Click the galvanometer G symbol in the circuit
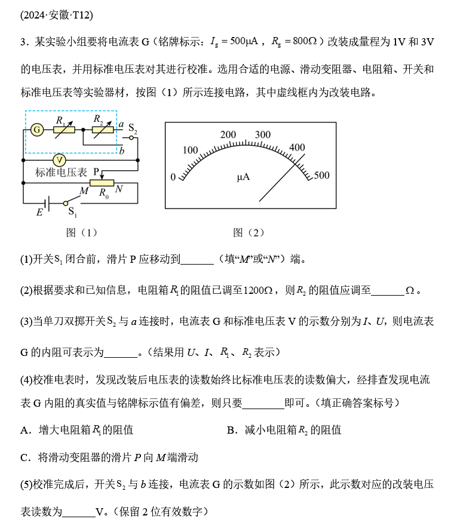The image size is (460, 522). click(37, 130)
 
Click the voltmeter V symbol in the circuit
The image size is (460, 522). click(59, 160)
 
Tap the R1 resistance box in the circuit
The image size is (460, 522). click(64, 130)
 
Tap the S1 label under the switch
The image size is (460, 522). click(72, 212)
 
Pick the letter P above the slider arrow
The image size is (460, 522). click(96, 171)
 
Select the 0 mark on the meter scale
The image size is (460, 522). click(173, 177)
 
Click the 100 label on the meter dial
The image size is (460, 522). click(190, 150)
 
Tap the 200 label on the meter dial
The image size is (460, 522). click(228, 135)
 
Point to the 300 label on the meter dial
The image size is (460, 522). click(263, 135)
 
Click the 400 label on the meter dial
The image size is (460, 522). click(297, 148)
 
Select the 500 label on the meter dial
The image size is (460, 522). click(321, 176)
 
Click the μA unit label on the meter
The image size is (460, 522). click(243, 177)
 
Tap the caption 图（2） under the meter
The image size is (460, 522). click(248, 232)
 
